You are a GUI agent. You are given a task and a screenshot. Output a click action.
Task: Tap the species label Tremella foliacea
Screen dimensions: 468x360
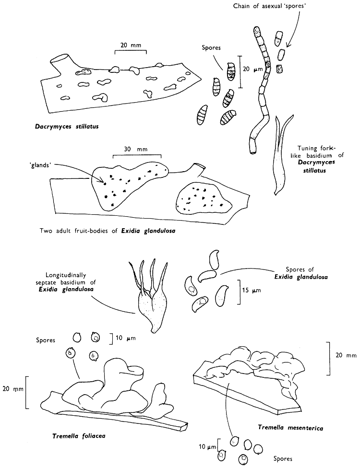(79, 436)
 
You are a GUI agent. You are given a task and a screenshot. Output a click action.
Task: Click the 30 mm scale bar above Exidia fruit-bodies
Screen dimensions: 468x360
(137, 156)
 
